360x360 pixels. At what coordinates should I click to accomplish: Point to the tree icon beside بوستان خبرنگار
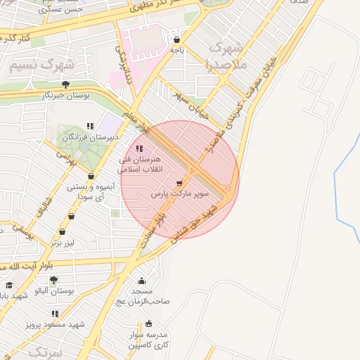(66, 84)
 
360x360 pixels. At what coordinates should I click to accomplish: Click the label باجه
(176, 50)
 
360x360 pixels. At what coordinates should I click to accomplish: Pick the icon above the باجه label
(176, 40)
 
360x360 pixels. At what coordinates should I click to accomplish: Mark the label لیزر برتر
(67, 243)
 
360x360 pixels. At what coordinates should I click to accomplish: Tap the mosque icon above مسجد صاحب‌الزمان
(141, 281)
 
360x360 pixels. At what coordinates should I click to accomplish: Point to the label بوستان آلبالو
(58, 290)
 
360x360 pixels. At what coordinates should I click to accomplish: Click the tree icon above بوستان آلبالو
(53, 280)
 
